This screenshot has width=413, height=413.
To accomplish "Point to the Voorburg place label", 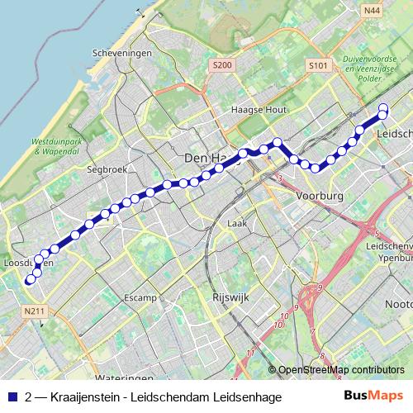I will [x=318, y=197].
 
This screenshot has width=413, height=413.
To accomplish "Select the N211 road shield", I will [x=34, y=311].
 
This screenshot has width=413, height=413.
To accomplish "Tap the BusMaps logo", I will [x=373, y=396].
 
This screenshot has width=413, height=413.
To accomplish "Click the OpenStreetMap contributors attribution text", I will [x=341, y=370].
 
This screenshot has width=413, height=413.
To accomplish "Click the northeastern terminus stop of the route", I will [x=383, y=107].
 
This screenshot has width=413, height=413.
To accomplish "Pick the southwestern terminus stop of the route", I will [x=31, y=280].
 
